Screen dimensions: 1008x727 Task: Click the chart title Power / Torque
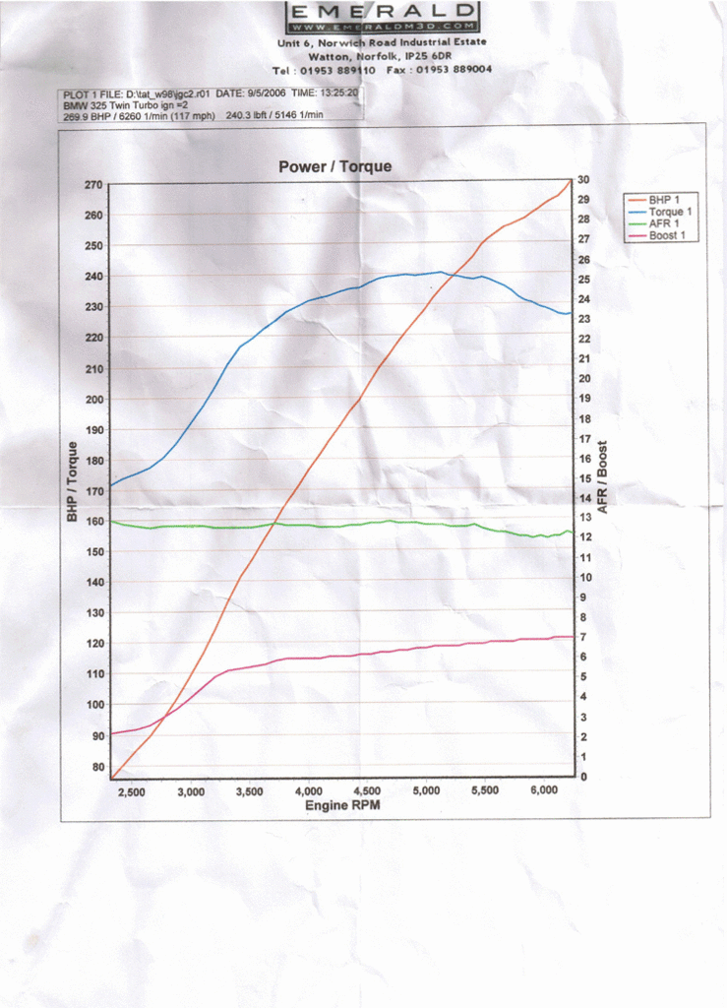coord(334,166)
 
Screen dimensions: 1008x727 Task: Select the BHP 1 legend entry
coord(665,200)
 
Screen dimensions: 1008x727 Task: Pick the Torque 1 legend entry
coord(670,212)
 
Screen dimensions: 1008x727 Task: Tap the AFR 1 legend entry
coord(665,223)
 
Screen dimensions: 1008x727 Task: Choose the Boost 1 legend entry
coord(668,235)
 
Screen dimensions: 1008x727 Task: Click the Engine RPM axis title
coord(341,805)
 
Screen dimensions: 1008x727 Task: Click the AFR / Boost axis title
coord(602,476)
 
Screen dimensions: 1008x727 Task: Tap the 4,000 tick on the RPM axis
coord(308,790)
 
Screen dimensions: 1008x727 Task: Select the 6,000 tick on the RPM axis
coord(544,790)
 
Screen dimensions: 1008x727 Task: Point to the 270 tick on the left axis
coord(93,184)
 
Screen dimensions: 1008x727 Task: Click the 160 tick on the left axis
coord(93,521)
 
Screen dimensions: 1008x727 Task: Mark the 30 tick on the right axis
coord(583,179)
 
